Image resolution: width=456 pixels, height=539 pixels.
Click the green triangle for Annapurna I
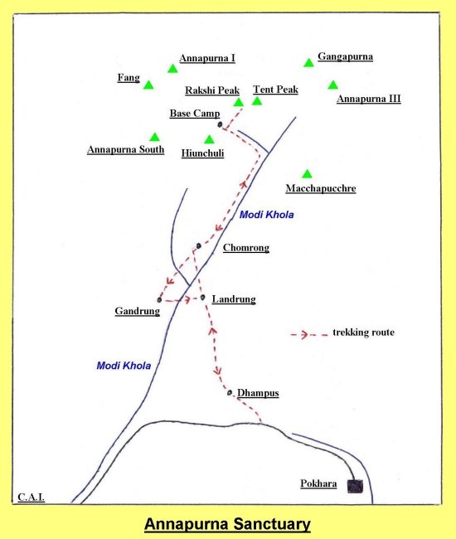click(x=172, y=69)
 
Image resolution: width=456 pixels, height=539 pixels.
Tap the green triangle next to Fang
click(x=148, y=85)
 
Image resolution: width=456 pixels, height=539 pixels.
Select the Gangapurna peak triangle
click(x=308, y=62)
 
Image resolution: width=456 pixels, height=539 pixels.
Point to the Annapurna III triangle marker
click(x=332, y=85)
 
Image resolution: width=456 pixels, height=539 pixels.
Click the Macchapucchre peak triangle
click(x=307, y=174)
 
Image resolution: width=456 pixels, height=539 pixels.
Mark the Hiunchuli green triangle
click(x=209, y=139)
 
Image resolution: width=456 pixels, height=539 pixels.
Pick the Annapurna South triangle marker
click(x=155, y=137)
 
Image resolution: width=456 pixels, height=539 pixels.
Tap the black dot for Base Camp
click(x=220, y=124)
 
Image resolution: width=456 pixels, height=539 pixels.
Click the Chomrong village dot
click(x=199, y=245)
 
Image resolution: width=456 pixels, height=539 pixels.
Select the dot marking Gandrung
click(x=159, y=299)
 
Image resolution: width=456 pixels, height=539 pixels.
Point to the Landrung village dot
click(x=203, y=298)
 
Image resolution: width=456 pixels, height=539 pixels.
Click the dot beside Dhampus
click(x=230, y=392)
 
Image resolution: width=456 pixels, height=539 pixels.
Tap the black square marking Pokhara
click(x=355, y=487)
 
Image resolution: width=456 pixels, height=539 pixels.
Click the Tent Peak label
click(x=275, y=90)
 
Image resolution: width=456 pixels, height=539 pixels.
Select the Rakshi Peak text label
click(x=212, y=90)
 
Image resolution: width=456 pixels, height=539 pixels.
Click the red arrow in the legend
click(x=308, y=334)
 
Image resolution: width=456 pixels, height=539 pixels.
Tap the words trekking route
click(x=364, y=333)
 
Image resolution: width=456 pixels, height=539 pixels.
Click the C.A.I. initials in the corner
click(x=31, y=497)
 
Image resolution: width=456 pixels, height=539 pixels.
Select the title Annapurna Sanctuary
click(x=227, y=525)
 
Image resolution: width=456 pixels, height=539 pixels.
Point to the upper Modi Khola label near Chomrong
click(x=267, y=215)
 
